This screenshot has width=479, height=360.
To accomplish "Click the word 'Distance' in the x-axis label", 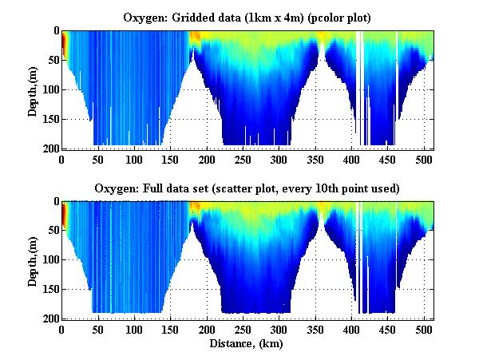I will pos(229,344).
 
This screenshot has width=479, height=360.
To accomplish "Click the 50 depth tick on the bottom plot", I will pos(52,231).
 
